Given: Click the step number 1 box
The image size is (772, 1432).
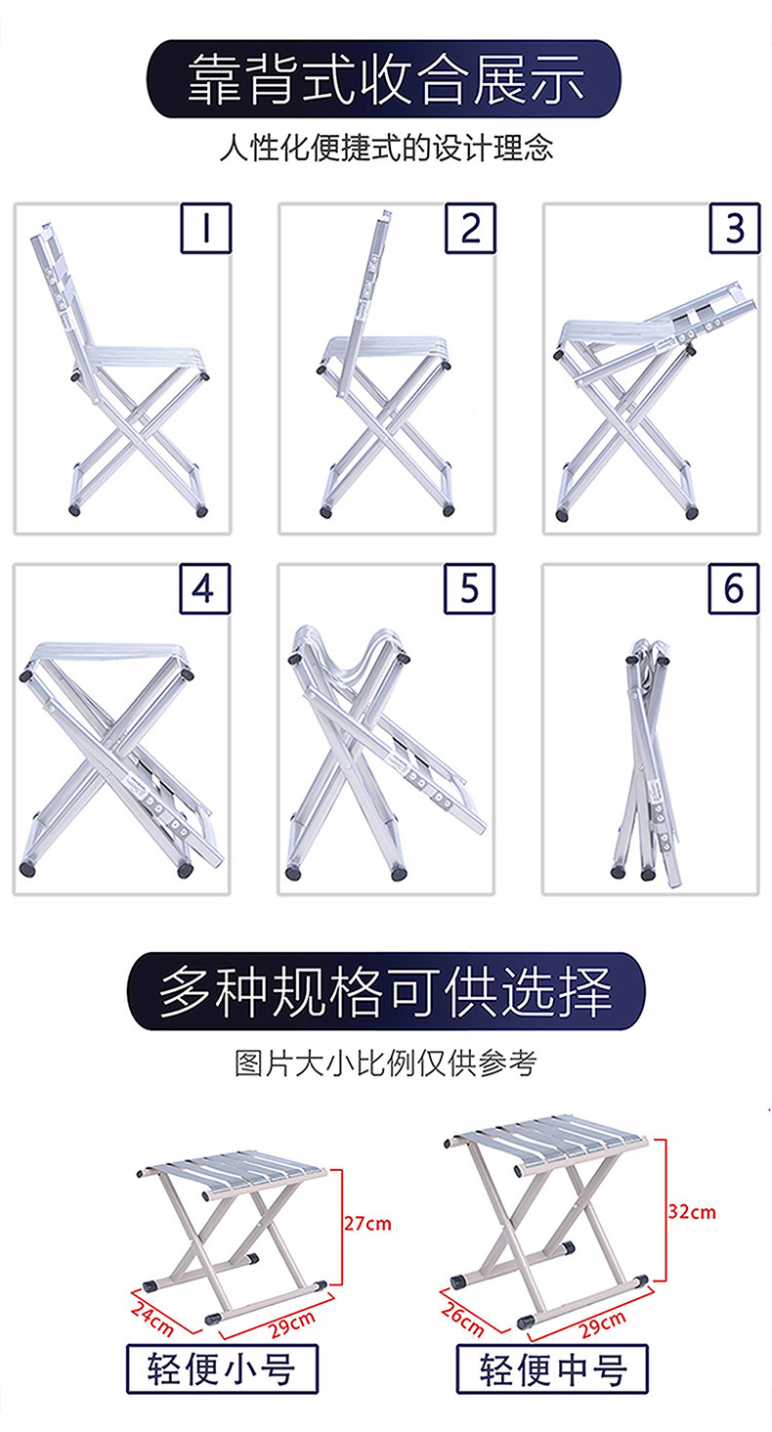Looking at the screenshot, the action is coord(206,228).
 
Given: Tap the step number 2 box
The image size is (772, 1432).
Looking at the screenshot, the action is coord(470,228).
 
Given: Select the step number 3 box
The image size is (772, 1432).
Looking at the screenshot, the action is coord(735,228).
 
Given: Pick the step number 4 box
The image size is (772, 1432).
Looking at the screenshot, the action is coord(204,588).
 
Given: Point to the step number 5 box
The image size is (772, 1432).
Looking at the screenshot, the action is coord(470,588).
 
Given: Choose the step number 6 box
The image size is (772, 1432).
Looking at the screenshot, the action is coord(734,588).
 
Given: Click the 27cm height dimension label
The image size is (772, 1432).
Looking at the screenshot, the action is coord(367,1224).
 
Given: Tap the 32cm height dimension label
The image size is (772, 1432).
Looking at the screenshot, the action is coord(692,1212).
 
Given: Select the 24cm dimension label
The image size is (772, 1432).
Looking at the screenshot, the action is coord(152,1319).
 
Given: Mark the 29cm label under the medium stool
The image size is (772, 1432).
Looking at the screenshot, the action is coord(603,1324).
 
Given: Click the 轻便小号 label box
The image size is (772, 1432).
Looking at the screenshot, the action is coord(222,1368).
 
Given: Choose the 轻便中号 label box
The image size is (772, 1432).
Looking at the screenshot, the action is coord(552,1368).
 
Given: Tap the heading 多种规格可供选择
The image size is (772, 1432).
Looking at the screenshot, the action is coord(386,991).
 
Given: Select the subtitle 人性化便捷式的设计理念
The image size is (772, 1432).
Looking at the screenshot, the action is coord(386,149).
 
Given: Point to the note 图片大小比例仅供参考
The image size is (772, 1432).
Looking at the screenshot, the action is coord(385,1063).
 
